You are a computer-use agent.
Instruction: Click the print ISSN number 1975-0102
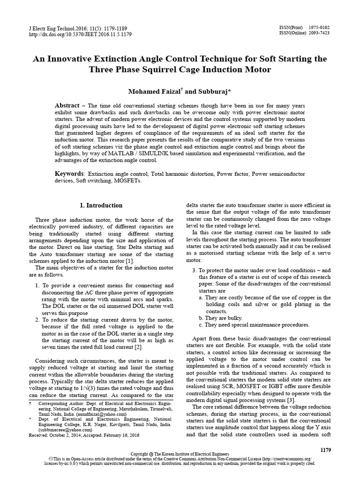(x=320, y=28)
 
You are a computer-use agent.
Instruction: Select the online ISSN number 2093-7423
(x=320, y=34)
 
